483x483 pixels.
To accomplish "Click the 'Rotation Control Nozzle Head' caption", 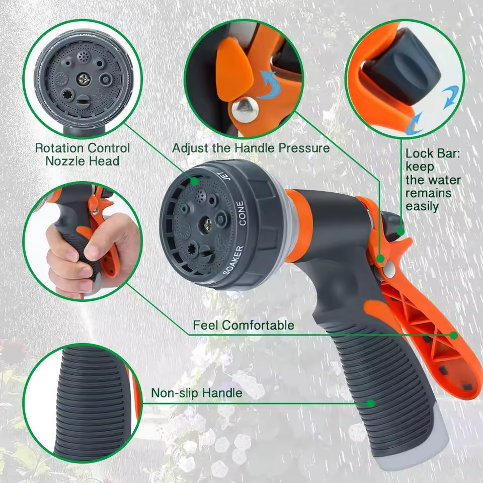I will tap(82, 154).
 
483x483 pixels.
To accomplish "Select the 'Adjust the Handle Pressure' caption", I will tap(251, 148).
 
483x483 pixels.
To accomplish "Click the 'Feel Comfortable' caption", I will tap(244, 325).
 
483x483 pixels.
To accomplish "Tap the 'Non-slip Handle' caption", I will tap(196, 392).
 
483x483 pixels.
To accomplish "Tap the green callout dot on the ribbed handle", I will tap(371, 403).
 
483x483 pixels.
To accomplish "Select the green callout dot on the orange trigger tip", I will tap(453, 335).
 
